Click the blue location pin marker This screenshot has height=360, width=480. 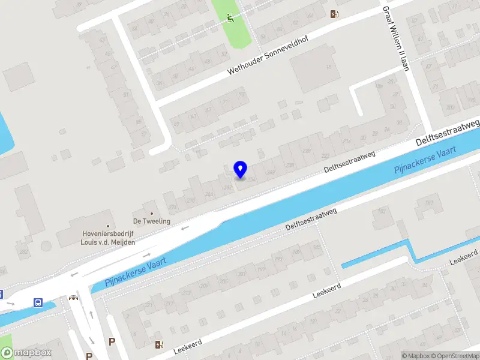(x=241, y=169)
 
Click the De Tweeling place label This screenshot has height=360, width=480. (x=152, y=221)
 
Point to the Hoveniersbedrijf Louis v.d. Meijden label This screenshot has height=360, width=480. (x=109, y=238)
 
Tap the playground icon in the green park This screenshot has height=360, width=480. (x=231, y=18)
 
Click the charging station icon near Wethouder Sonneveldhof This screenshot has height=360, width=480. (x=334, y=14)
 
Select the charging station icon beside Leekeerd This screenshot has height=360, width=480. (x=159, y=344)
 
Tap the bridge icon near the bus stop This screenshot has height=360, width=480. (x=74, y=297)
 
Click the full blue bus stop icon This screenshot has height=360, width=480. (x=38, y=302)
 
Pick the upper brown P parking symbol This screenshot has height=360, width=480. (x=112, y=341)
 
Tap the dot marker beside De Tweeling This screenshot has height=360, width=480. (x=152, y=213)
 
